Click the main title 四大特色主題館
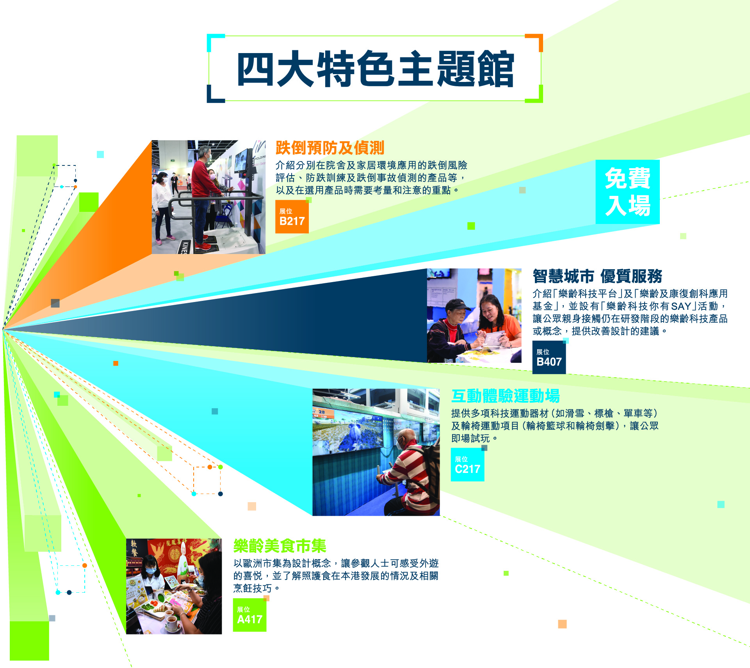(375, 69)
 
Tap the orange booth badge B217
(292, 217)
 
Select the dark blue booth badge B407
(549, 357)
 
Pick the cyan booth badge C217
(467, 464)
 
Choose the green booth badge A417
(249, 615)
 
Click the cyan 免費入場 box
(627, 192)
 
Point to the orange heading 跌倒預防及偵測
(330, 148)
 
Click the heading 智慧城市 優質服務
(597, 276)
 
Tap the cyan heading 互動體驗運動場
(506, 396)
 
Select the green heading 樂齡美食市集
(280, 546)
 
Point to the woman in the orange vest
(498, 324)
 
